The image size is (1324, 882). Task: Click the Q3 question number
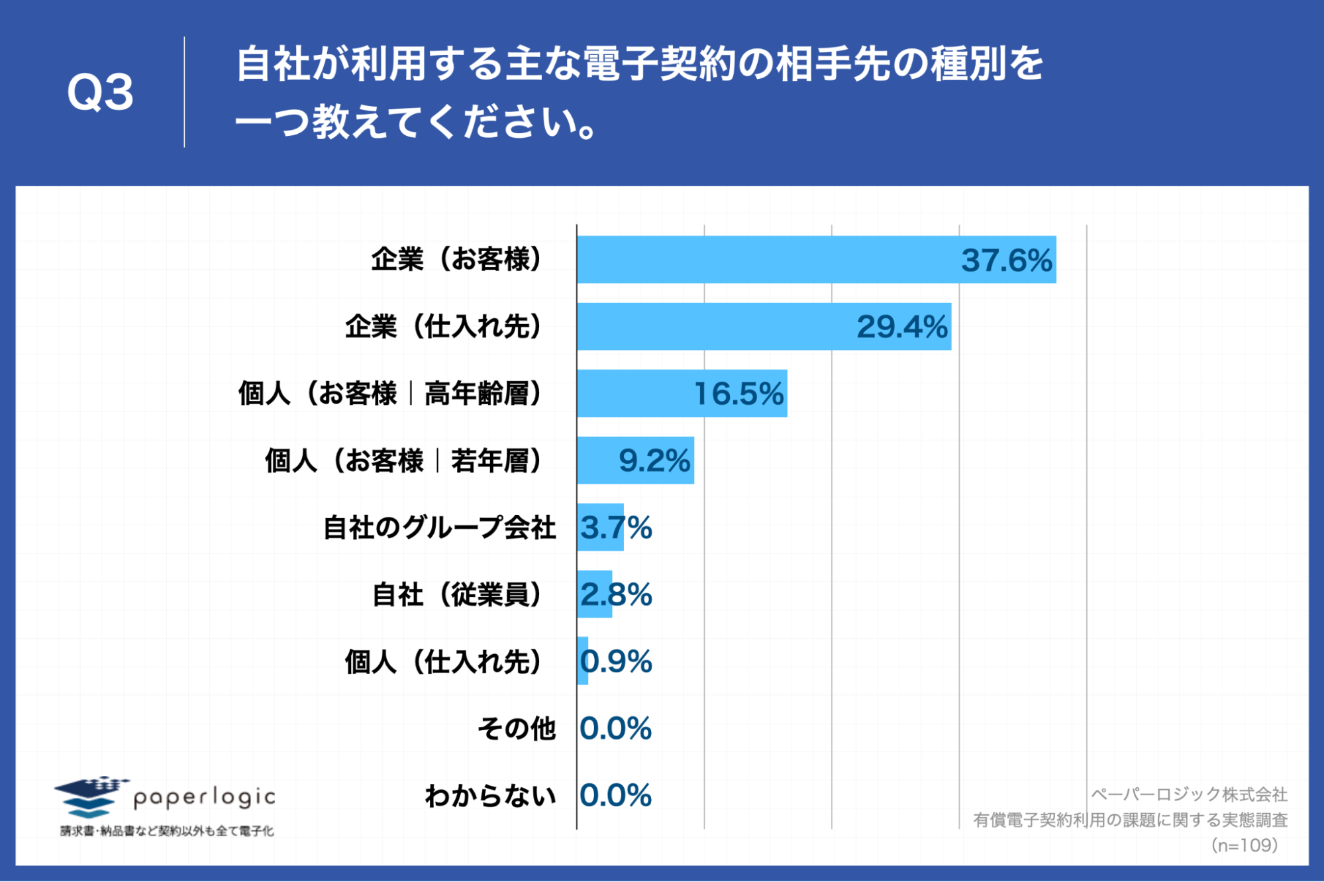point(100,92)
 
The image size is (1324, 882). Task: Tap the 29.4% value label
point(901,327)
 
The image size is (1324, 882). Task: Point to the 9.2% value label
point(654,461)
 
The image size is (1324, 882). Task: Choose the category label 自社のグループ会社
point(439,527)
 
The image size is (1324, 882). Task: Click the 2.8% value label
point(616,594)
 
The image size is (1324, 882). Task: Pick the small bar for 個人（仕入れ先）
point(583,661)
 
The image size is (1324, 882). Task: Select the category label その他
point(517,728)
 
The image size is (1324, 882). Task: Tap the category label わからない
point(490,795)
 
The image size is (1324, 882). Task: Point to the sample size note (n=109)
point(1244,845)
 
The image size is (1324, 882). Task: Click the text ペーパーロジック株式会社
point(1189,794)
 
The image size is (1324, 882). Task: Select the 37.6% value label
point(1006,260)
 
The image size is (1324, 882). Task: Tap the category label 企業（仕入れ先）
point(443,327)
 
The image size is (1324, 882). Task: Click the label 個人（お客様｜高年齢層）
point(390,394)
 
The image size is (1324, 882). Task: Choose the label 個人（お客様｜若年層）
point(403,461)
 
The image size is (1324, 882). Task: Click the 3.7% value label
point(616,527)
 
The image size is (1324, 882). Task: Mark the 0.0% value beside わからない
point(615,795)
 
